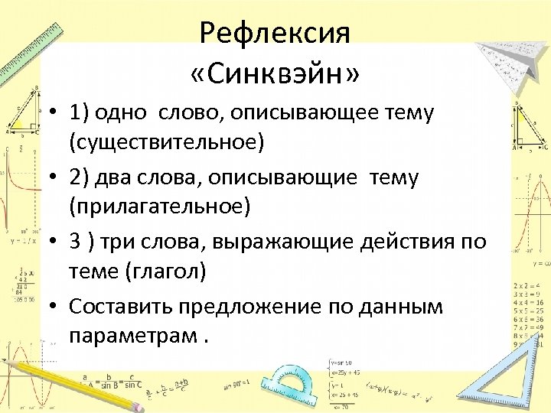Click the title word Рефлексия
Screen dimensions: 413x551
[274, 34]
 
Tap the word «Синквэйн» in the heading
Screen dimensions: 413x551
[275, 75]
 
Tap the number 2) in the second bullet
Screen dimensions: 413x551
[80, 178]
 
